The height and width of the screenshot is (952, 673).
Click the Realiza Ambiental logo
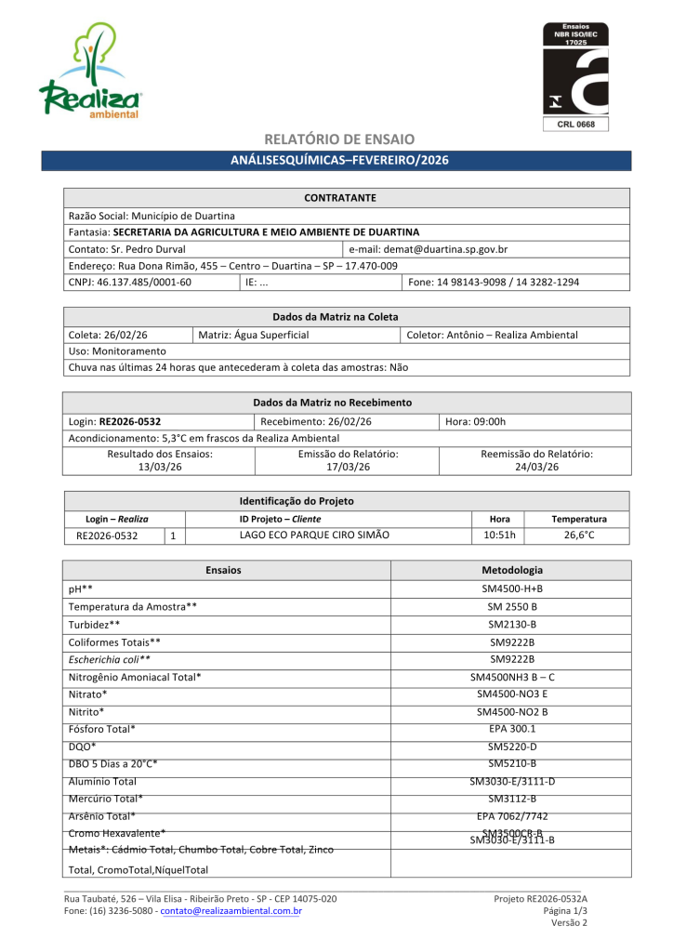coord(89,73)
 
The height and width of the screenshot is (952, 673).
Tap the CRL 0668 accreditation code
coord(575,125)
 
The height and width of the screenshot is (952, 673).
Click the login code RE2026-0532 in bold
coord(137,421)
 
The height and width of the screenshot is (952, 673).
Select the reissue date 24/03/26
coord(536,467)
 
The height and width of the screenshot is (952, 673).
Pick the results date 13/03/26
coord(160,467)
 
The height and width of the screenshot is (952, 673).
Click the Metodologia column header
coord(512,570)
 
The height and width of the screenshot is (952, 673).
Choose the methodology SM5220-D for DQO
coord(512,747)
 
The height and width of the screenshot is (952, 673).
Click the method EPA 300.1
coord(512,729)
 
